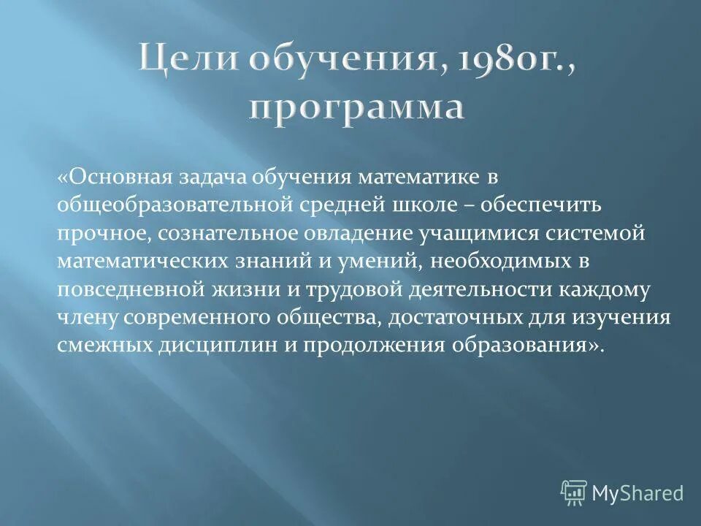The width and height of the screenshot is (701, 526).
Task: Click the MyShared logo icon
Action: (573, 492)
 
